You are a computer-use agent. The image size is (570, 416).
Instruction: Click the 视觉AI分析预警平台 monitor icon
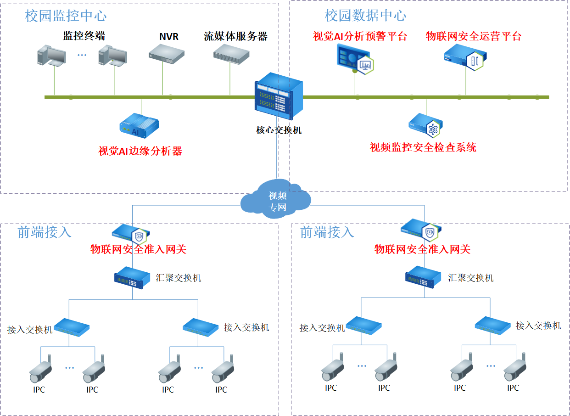point(354,60)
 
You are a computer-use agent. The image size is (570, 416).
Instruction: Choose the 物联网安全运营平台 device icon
point(465,58)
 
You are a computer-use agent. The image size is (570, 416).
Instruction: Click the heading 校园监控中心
point(66,17)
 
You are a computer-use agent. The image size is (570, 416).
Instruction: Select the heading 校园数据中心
point(365,16)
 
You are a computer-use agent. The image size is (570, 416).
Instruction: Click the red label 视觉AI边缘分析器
point(140,151)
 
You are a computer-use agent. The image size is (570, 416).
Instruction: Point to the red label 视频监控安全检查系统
point(423,147)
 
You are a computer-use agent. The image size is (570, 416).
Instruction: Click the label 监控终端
point(84,36)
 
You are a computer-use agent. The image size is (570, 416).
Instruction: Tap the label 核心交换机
point(279,130)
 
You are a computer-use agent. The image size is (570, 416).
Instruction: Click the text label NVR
point(169,36)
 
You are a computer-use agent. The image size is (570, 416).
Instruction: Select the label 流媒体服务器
point(235,36)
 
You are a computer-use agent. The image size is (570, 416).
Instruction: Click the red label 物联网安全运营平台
point(474,36)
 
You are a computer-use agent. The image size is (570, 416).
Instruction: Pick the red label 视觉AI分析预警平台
point(360,36)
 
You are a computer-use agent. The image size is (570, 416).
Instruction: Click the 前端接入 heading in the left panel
point(45,232)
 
